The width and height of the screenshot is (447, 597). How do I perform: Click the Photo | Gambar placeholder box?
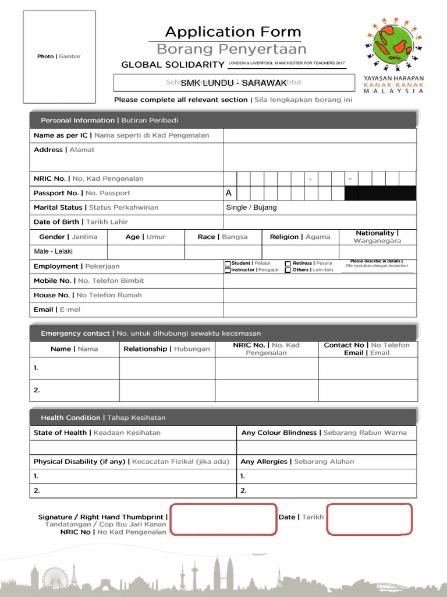pos(59,57)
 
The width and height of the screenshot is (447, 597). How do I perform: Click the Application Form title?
pos(233,32)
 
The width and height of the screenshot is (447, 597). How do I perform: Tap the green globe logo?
pos(394,46)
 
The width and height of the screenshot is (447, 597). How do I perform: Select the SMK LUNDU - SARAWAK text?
pos(233,83)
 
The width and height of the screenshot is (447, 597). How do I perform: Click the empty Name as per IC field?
pos(320,135)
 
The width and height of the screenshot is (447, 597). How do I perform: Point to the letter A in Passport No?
pos(229,193)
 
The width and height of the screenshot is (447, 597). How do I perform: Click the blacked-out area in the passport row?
pos(381,193)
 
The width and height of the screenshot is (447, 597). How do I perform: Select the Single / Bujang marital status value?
pos(251,208)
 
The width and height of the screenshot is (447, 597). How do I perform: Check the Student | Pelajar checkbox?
pos(228,264)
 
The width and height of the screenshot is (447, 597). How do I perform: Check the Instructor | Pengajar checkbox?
pos(228,270)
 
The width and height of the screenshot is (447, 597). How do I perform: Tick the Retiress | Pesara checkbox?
pos(288,264)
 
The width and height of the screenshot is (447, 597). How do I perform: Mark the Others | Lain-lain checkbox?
pos(288,270)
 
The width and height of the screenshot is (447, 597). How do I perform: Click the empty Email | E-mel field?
pos(320,310)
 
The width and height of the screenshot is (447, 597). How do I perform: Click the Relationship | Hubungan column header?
pos(167,349)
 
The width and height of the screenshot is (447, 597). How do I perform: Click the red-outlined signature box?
pos(223,519)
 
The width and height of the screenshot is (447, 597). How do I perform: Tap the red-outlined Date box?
pos(370,519)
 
